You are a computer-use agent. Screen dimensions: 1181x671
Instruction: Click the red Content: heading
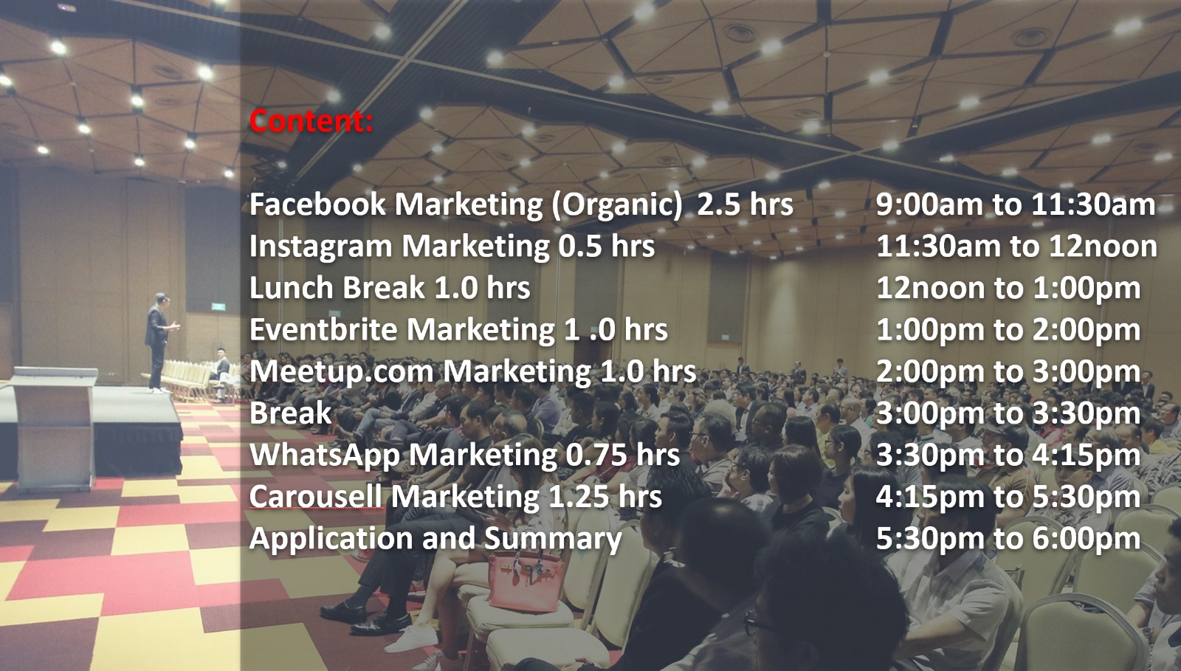click(x=311, y=121)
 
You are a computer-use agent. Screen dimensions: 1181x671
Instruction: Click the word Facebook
click(x=317, y=204)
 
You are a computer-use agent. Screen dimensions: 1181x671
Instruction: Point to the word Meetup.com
click(x=341, y=372)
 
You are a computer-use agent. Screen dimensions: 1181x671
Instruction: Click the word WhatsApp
click(x=325, y=455)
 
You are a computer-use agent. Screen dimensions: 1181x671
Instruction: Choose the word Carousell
click(x=316, y=497)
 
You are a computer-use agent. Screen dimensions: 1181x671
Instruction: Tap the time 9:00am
click(x=929, y=204)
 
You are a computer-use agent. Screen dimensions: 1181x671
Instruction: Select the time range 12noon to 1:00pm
click(x=1008, y=288)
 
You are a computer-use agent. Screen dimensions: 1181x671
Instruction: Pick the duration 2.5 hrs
click(x=745, y=204)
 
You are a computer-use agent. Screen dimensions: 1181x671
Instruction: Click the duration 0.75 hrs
click(x=623, y=455)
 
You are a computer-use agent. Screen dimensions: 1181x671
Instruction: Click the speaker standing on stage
click(x=159, y=343)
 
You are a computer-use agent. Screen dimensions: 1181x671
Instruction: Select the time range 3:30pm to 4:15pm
click(x=1008, y=455)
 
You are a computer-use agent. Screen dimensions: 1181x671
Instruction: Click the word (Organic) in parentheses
click(x=617, y=205)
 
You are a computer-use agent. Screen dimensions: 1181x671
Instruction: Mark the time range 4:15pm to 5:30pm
click(x=1008, y=497)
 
